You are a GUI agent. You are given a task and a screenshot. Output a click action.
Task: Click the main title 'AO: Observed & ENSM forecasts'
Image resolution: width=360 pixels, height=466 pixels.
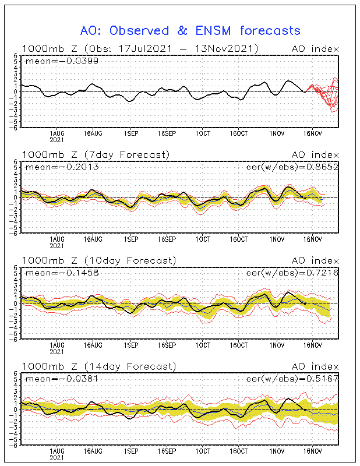[x=190, y=31]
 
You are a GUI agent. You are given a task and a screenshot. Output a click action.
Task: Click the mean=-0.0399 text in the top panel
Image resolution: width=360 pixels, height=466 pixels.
[x=62, y=61]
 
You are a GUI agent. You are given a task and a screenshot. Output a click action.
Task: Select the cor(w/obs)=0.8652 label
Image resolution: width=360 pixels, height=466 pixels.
[x=292, y=167]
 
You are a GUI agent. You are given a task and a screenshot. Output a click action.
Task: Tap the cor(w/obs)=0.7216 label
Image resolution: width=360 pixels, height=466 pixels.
[x=292, y=273]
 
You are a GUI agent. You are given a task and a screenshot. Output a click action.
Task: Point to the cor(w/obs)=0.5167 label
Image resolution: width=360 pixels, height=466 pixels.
[x=292, y=379]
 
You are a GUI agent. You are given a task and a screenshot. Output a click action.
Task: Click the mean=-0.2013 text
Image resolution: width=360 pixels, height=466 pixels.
[x=62, y=167]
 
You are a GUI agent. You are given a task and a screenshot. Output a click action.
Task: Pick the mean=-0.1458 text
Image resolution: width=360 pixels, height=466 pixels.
[x=62, y=273]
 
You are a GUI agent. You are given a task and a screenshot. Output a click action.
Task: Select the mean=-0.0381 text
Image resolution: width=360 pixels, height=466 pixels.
[x=62, y=379]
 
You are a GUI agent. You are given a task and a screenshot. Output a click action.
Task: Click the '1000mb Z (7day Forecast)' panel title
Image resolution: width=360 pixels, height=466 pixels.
[x=96, y=154]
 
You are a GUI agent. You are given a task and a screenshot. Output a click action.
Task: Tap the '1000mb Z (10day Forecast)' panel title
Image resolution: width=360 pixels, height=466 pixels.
[x=99, y=260]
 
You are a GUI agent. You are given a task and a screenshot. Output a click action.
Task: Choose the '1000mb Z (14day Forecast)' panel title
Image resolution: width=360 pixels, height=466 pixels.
[x=99, y=366]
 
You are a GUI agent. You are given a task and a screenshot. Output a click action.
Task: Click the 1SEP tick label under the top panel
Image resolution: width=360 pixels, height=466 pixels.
[x=131, y=133]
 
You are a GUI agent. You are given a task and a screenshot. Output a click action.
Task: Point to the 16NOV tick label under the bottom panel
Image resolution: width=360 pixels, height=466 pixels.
[x=313, y=451]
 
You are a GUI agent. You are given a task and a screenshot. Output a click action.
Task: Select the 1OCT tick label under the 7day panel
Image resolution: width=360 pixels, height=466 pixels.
[x=203, y=239]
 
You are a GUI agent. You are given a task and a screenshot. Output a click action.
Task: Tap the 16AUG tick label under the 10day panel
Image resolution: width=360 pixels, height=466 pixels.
[x=93, y=345]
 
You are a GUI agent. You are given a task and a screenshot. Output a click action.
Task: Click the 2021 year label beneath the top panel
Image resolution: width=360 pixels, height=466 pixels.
[x=57, y=140]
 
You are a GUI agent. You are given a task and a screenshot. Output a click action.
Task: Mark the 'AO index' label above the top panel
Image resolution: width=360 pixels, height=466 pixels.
[x=315, y=49]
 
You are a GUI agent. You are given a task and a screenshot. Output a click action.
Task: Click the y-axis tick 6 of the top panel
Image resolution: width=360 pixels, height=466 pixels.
[x=16, y=55]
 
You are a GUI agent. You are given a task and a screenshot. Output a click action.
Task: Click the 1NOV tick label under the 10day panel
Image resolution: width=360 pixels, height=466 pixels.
[x=277, y=345]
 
